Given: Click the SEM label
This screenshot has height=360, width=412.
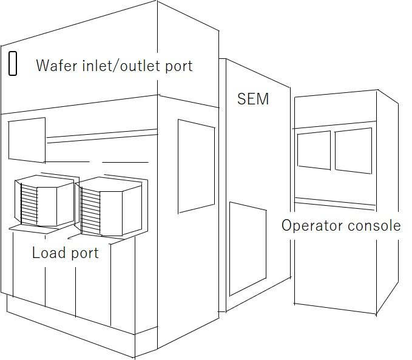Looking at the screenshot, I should click(x=252, y=98).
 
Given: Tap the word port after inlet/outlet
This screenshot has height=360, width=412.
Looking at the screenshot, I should click(x=179, y=66).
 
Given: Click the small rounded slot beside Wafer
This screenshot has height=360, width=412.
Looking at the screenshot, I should click(x=12, y=64).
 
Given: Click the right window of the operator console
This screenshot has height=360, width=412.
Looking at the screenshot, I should click(x=353, y=152).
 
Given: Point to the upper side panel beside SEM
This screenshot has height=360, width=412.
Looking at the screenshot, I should click(x=196, y=166).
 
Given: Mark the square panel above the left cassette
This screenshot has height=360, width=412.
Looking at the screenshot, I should click(x=27, y=141).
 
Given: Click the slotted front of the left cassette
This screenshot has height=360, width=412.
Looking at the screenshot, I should click(x=29, y=204).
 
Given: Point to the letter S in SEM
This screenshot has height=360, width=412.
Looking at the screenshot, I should click(x=242, y=98).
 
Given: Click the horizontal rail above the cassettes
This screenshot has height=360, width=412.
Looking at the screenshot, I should click(x=100, y=140).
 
